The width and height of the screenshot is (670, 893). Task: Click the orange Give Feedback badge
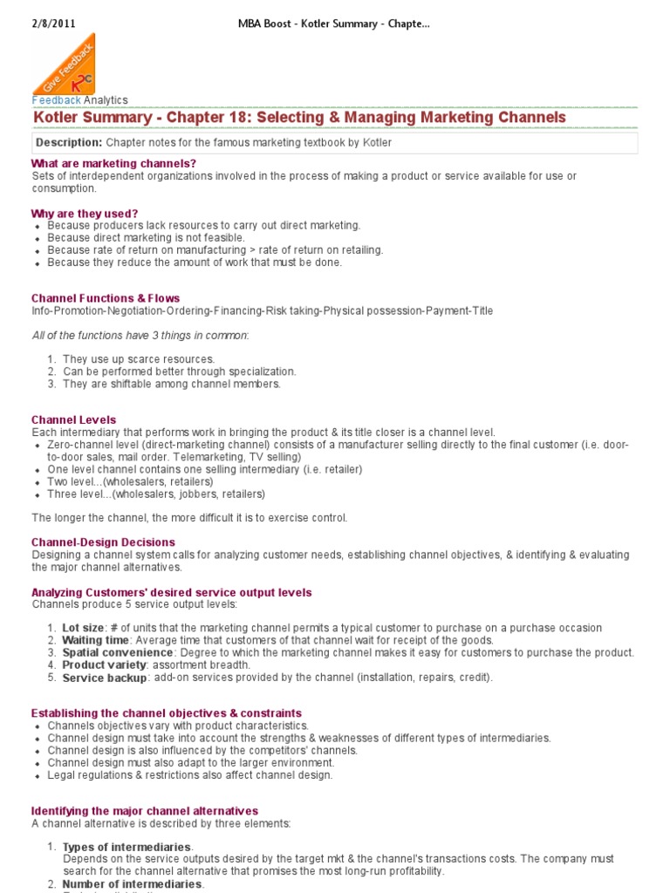point(64,65)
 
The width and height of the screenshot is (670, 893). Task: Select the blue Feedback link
point(56,100)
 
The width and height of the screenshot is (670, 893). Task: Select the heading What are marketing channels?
point(113,163)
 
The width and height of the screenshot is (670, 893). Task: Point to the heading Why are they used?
point(85,214)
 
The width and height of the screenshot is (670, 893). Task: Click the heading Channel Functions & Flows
point(106,298)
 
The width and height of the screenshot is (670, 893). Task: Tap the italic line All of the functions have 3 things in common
point(140,335)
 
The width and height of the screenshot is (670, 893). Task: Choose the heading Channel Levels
point(73,419)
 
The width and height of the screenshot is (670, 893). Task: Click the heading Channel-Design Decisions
point(103,542)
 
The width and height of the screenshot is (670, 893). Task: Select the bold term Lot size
point(83,628)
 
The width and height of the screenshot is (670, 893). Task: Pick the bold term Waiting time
point(95,640)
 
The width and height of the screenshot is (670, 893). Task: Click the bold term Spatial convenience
point(117,652)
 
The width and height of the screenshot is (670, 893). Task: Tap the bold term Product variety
point(103,665)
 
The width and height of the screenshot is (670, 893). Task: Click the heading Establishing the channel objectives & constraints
point(167,712)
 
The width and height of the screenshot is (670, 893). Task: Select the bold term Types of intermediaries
point(126,847)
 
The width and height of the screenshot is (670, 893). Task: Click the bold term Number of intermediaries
point(132,883)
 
